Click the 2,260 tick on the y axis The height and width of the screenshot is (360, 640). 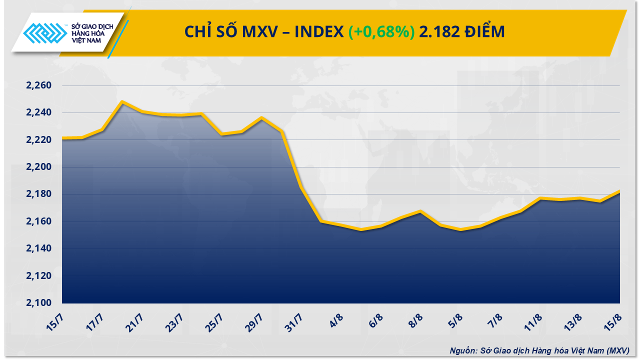pyautogui.click(x=38, y=86)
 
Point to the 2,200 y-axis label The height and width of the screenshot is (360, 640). pyautogui.click(x=38, y=167)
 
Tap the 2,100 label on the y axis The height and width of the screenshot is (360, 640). pyautogui.click(x=38, y=303)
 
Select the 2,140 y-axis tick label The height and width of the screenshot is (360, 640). pyautogui.click(x=38, y=248)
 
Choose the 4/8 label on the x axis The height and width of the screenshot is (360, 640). pyautogui.click(x=336, y=320)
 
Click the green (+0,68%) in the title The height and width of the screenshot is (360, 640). pyautogui.click(x=381, y=32)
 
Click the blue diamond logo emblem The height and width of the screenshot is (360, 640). pyautogui.click(x=45, y=33)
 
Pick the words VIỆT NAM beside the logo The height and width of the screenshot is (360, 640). pyautogui.click(x=87, y=41)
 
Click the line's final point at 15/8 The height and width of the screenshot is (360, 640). pyautogui.click(x=619, y=191)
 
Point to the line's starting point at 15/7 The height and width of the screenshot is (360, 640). pyautogui.click(x=62, y=138)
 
